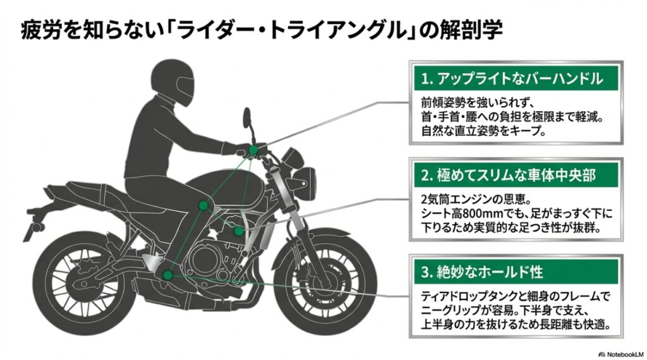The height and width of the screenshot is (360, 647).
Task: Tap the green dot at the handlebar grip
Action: pyautogui.click(x=253, y=150)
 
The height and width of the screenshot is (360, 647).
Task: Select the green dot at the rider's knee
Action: pyautogui.click(x=203, y=205)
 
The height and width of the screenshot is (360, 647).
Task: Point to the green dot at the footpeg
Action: pyautogui.click(x=167, y=275)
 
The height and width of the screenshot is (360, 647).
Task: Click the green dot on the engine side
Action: pyautogui.click(x=238, y=231)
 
